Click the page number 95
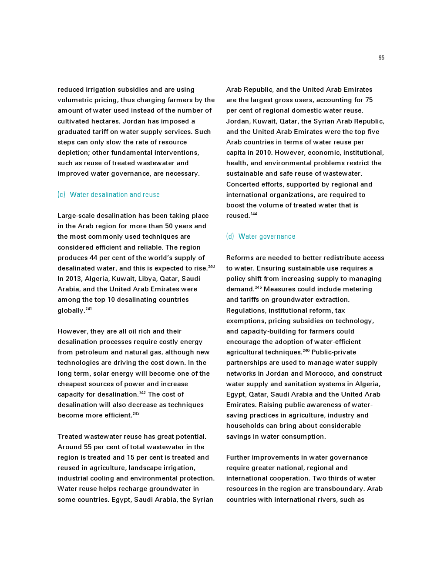(381, 58)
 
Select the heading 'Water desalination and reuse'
(114, 195)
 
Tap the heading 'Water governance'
(267, 237)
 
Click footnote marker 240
(212, 267)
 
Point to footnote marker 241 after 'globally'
(89, 309)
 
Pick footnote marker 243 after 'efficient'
(136, 414)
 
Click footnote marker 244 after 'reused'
(254, 214)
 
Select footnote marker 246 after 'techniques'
(306, 350)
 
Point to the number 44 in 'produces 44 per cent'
(93, 258)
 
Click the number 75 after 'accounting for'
(369, 100)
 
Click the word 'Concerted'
(242, 184)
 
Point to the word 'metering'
(357, 289)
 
